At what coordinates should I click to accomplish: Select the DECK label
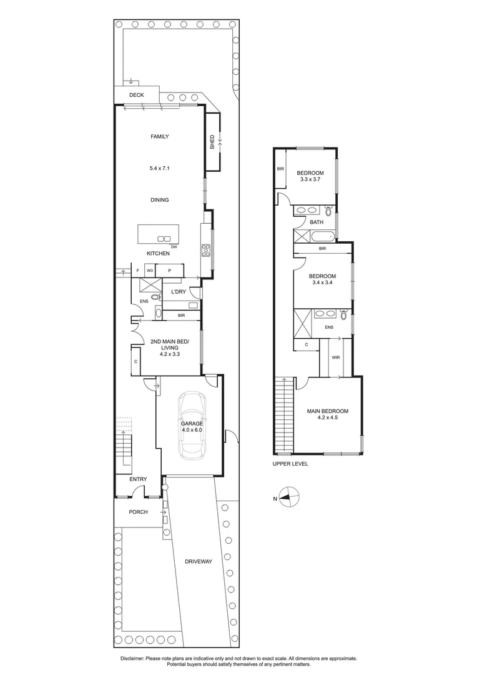[136, 95]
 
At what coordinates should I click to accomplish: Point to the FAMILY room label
[159, 136]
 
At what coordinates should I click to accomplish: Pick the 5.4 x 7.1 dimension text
[159, 167]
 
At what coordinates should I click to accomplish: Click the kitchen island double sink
[164, 238]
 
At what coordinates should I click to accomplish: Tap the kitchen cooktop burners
[205, 250]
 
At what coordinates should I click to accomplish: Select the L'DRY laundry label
[179, 292]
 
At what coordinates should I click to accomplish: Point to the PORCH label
[138, 512]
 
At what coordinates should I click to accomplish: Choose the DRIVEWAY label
[199, 561]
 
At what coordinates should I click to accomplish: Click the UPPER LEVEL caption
[290, 464]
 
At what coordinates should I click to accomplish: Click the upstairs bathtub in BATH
[322, 236]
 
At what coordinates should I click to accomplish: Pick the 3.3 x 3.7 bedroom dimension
[310, 180]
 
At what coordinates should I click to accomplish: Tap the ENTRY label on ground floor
[138, 479]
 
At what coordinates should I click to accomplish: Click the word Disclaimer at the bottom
[132, 659]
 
